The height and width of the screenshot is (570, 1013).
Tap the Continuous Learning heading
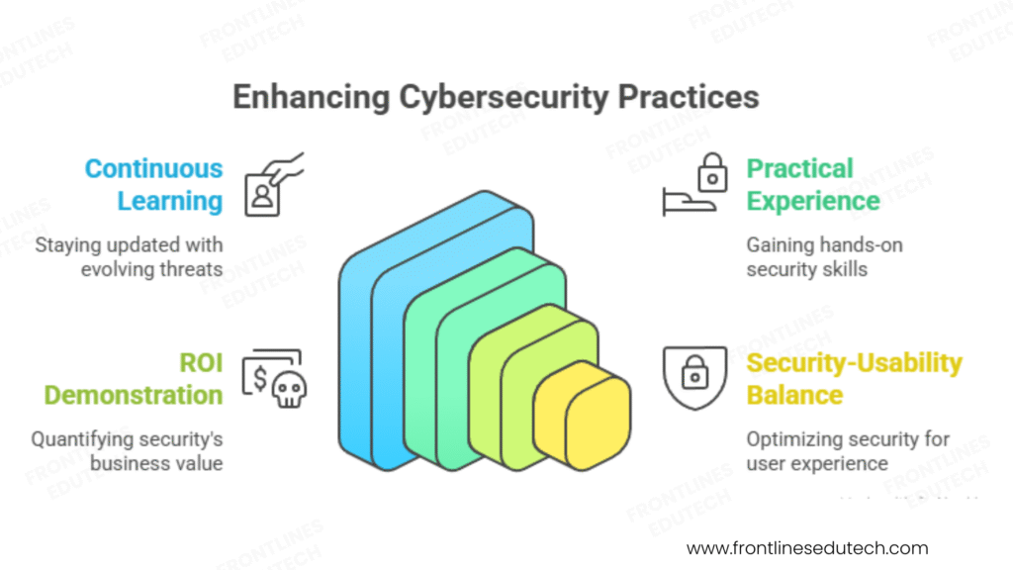[x=153, y=185]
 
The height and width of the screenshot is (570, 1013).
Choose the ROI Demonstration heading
[x=134, y=379]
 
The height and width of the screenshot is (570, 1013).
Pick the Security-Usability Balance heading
[x=854, y=379]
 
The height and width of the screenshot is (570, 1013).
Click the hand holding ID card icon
[x=271, y=185]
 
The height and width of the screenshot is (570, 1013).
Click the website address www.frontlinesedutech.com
[x=807, y=547]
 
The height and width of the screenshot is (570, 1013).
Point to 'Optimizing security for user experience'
[x=848, y=451]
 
